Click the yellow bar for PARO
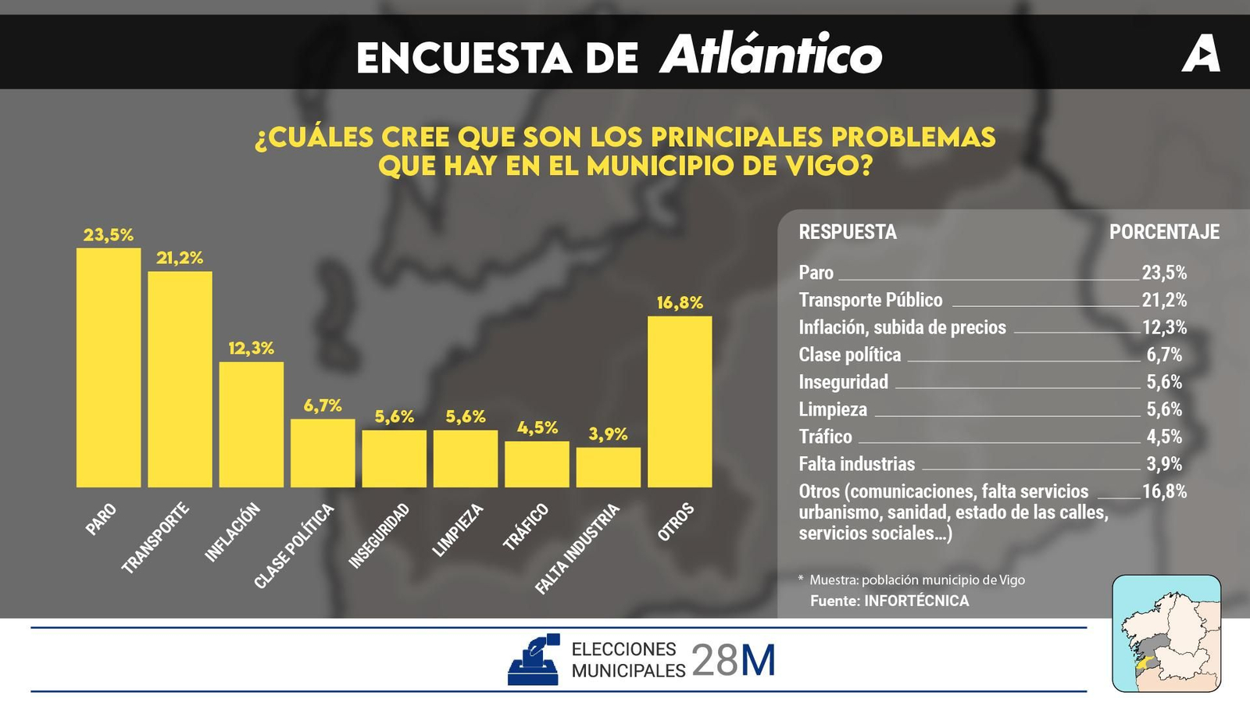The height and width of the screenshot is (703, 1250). click(x=109, y=367)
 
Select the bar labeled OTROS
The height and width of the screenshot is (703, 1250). click(x=680, y=401)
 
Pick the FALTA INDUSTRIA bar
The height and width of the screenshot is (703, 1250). click(x=608, y=467)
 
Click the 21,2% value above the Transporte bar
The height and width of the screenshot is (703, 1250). click(x=180, y=258)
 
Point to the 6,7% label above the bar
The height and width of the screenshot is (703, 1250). click(x=323, y=405)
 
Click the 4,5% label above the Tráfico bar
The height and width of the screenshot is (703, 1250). click(x=537, y=428)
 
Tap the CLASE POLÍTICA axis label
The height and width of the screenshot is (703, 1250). click(x=294, y=546)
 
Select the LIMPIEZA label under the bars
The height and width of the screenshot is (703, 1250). click(x=458, y=530)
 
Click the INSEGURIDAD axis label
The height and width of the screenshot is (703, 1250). click(x=379, y=536)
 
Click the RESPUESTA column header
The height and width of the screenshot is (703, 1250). click(x=848, y=232)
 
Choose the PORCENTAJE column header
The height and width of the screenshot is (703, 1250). click(x=1164, y=232)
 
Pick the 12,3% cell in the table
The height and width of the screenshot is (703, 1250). click(x=1164, y=327)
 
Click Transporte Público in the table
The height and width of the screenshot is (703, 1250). click(x=870, y=300)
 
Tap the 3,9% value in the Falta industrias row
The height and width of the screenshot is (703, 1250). click(x=1164, y=464)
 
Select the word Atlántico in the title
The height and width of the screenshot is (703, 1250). click(x=771, y=55)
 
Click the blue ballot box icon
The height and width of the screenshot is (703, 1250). click(x=534, y=660)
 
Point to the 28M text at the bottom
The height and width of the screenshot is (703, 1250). click(x=734, y=661)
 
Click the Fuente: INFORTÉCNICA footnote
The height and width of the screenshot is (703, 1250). click(x=889, y=601)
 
